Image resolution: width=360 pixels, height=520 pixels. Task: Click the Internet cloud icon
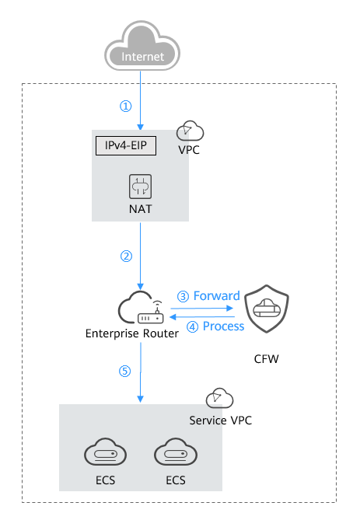point(142,46)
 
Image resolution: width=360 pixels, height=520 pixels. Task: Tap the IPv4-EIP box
point(126,145)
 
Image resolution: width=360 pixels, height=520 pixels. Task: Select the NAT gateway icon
point(140,187)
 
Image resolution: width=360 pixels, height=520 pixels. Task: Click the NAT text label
point(141,209)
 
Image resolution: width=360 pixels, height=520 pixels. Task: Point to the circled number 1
point(126,106)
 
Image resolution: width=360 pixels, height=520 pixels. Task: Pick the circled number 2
point(126,256)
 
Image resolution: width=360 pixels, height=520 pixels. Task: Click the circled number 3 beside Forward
point(183,296)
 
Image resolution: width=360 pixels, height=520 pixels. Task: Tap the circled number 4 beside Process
point(193,326)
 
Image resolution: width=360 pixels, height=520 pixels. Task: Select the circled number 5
point(124,371)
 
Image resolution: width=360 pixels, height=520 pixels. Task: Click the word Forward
point(217,295)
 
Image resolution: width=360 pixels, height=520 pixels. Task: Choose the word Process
point(224,326)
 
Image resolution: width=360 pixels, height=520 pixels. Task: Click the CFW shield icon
point(267,309)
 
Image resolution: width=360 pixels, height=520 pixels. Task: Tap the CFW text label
point(266,359)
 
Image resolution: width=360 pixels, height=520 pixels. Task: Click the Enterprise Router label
point(132,333)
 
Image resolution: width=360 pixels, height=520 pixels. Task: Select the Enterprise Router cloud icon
point(141,307)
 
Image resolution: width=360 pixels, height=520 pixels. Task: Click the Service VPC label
point(221,421)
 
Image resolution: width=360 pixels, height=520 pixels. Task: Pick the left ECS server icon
point(105,452)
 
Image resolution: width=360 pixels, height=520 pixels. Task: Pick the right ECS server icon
point(176,452)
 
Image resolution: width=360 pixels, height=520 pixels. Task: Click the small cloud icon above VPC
point(190,131)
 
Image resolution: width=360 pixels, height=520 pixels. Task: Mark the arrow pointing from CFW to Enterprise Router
point(202,317)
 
